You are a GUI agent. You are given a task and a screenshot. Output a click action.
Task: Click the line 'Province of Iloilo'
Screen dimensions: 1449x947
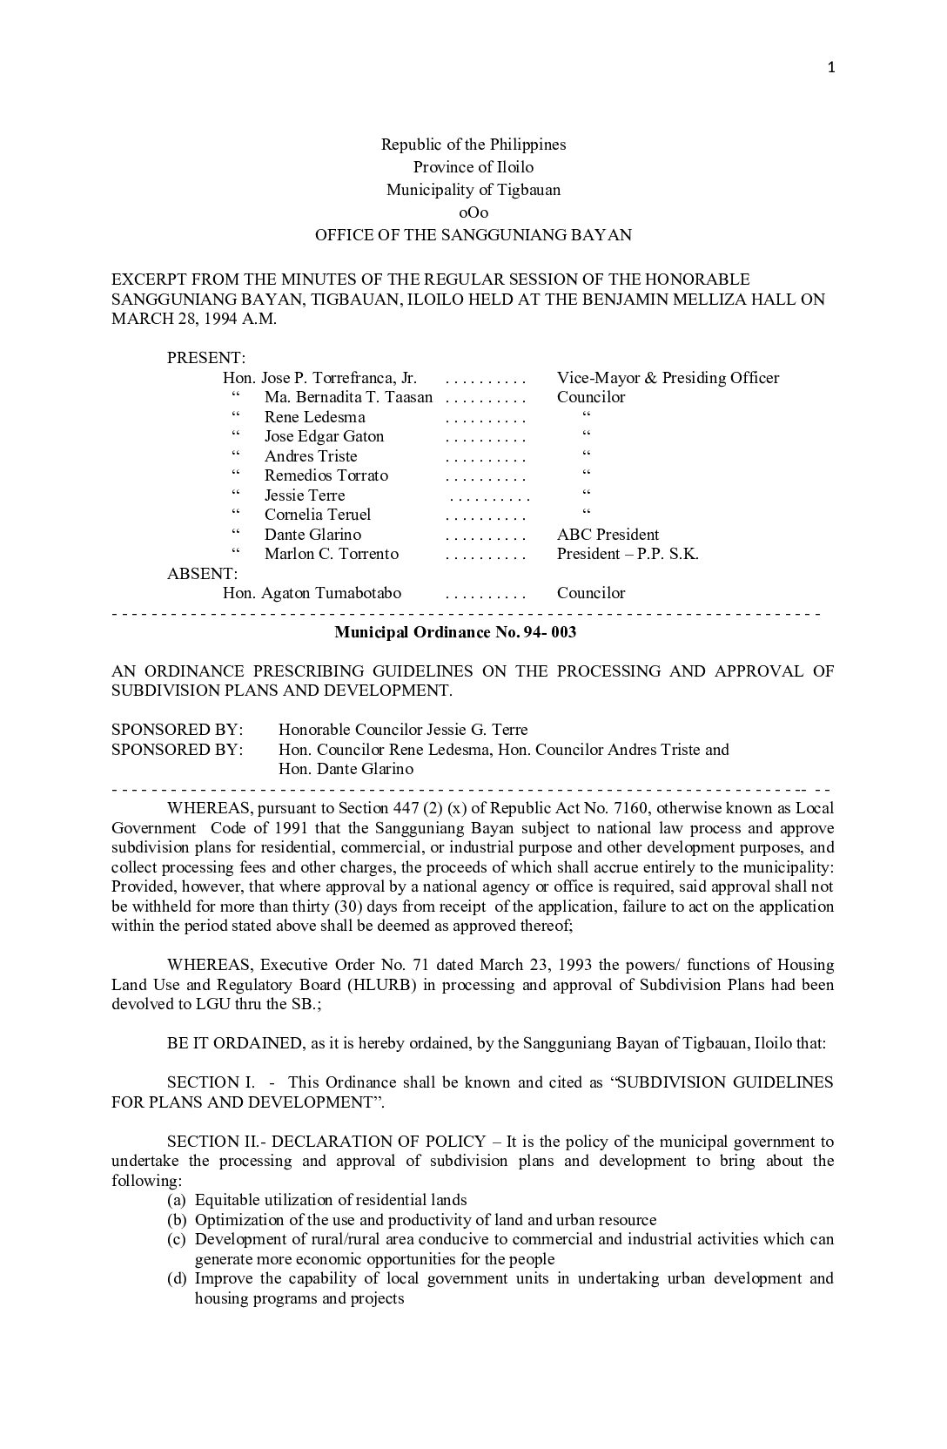pyautogui.click(x=473, y=167)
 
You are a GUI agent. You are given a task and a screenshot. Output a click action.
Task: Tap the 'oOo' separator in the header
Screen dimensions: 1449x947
pyautogui.click(x=473, y=212)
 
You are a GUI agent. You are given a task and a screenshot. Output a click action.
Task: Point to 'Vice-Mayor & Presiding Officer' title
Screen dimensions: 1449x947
pyautogui.click(x=668, y=378)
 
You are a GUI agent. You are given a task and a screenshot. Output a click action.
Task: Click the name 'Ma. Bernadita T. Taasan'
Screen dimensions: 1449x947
pyautogui.click(x=348, y=397)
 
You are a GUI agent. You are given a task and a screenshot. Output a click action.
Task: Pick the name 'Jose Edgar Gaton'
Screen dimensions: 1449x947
pyautogui.click(x=324, y=436)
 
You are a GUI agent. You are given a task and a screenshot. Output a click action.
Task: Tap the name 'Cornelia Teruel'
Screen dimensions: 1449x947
pyautogui.click(x=318, y=515)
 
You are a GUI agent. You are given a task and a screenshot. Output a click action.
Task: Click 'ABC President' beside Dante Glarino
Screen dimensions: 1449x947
pyautogui.click(x=608, y=535)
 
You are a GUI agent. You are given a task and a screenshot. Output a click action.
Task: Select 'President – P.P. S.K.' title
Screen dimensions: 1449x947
pyautogui.click(x=628, y=554)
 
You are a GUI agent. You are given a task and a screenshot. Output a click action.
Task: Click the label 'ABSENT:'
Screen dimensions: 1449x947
pyautogui.click(x=202, y=574)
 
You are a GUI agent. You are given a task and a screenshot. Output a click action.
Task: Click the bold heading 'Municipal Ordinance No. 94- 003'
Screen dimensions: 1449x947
pyautogui.click(x=455, y=632)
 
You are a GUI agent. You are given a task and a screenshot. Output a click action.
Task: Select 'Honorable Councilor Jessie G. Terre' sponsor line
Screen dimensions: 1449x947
pyautogui.click(x=403, y=730)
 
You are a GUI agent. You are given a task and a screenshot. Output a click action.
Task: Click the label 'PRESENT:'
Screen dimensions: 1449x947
pyautogui.click(x=206, y=358)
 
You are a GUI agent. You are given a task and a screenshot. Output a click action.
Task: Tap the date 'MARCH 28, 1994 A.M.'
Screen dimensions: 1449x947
pyautogui.click(x=194, y=319)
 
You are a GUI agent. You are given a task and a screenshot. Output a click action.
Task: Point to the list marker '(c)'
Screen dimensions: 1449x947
pyautogui.click(x=177, y=1239)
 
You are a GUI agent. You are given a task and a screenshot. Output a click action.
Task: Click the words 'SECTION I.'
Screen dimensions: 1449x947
pyautogui.click(x=211, y=1082)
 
